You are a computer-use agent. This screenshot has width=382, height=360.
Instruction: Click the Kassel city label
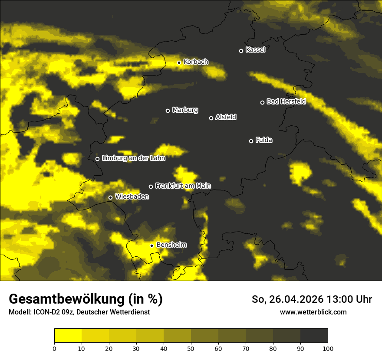[x=255, y=50]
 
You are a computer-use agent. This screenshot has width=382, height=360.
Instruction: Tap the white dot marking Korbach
[x=179, y=62]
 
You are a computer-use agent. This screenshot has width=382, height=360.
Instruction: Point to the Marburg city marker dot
[x=168, y=111]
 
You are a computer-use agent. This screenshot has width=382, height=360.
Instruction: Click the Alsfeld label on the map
[x=226, y=117]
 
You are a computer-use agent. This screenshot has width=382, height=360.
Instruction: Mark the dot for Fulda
[x=251, y=141]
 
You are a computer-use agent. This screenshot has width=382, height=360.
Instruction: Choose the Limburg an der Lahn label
[x=133, y=158]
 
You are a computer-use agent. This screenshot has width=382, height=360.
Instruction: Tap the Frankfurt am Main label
[x=183, y=186]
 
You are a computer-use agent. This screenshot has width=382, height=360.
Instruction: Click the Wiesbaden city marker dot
[x=110, y=197]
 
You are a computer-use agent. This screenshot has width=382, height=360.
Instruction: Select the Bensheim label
[x=171, y=245]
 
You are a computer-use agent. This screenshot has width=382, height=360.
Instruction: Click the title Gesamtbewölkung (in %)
[x=86, y=299]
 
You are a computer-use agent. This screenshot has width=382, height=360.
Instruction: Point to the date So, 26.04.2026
[x=287, y=299]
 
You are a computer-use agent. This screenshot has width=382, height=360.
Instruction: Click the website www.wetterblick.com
[x=313, y=312]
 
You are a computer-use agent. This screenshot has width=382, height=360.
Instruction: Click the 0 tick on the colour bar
[x=54, y=348]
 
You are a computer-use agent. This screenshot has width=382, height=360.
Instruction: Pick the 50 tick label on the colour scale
[x=191, y=348]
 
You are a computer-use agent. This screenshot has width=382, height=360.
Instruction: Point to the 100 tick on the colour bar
[x=328, y=348]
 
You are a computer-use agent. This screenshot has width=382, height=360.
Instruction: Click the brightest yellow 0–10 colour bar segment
[x=68, y=335]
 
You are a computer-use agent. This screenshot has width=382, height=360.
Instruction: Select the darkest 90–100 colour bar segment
[x=314, y=335]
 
